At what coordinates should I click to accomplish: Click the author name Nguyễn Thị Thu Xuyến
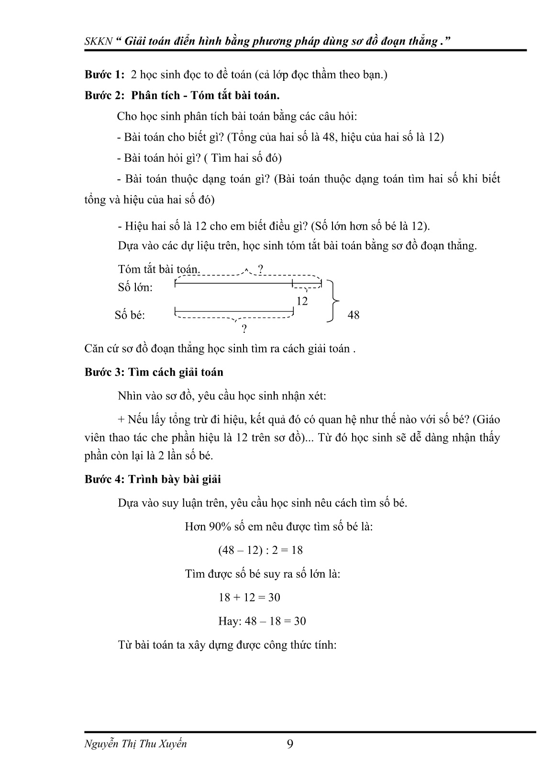click(x=135, y=744)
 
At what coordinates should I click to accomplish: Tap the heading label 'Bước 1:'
click(x=105, y=75)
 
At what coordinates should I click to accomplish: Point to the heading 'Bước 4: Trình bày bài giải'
click(x=153, y=479)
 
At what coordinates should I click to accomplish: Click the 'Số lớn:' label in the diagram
click(x=135, y=287)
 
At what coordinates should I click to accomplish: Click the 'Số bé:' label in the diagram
click(x=130, y=315)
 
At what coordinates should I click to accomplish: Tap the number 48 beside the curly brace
click(x=353, y=315)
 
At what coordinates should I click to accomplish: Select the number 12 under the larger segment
click(x=302, y=301)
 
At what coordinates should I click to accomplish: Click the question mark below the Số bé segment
click(x=244, y=329)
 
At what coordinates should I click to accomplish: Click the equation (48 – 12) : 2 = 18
click(x=260, y=550)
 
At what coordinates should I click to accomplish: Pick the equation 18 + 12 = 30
click(x=249, y=597)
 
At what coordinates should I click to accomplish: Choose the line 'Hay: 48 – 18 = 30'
click(x=262, y=621)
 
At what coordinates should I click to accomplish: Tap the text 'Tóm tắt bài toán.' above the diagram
click(x=159, y=269)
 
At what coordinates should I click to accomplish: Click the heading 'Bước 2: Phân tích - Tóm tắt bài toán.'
click(x=182, y=95)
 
